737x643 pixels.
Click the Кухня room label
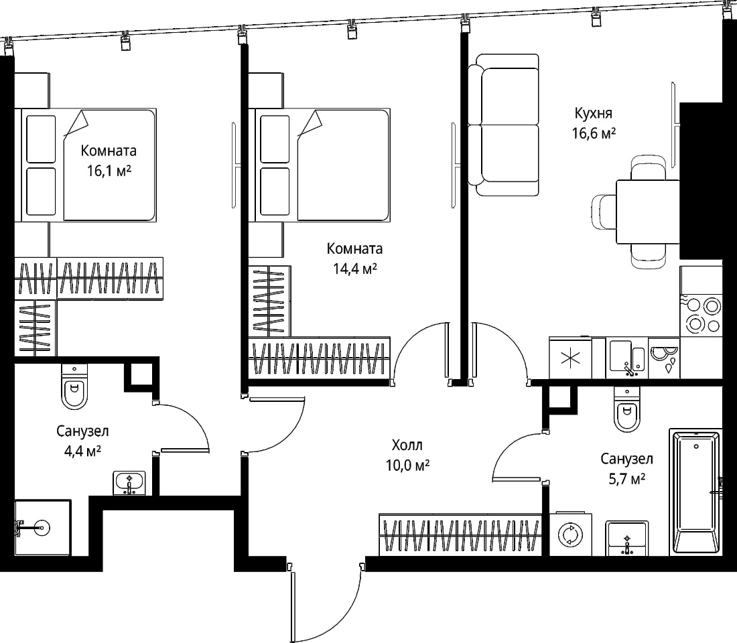593,113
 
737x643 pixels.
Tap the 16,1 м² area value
109,171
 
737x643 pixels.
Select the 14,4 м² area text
355,269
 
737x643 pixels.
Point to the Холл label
407,445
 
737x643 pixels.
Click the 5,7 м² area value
626,479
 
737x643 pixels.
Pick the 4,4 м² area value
82,451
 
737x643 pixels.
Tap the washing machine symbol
570,534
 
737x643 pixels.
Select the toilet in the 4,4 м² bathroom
74,387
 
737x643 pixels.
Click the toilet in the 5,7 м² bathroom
626,410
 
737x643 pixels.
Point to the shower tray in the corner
42,527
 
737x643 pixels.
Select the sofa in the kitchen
503,125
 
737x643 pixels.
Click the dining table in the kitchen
648,211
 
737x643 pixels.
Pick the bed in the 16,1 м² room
85,165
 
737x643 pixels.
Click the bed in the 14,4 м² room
319,165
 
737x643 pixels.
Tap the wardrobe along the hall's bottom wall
460,535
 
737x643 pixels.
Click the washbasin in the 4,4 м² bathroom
130,483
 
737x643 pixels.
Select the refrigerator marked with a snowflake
570,358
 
